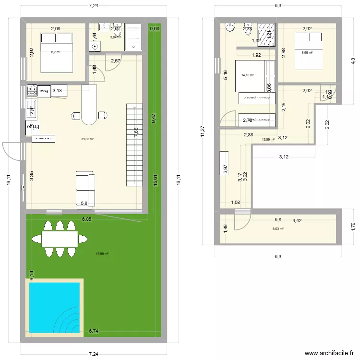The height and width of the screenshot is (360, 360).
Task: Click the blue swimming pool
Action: pos(54,308)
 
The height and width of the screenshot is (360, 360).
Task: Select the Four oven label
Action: pos(44,90)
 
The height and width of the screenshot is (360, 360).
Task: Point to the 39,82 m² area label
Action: pos(87,139)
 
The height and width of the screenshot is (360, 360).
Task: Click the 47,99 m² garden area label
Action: pos(102,254)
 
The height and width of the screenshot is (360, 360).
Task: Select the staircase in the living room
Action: pos(134,144)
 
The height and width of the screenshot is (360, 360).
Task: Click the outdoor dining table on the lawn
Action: pos(60,239)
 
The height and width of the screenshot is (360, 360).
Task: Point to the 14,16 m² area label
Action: pos(248,75)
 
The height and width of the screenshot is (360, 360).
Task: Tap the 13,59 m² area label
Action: pos(268,140)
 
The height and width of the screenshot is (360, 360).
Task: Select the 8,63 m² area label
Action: pos(278,229)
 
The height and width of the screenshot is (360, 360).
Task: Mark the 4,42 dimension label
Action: pos(298,221)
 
